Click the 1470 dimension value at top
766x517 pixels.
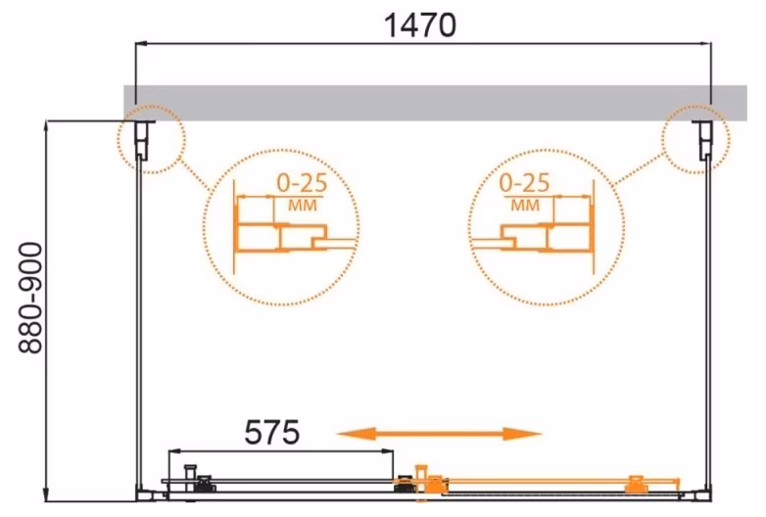tap(420, 24)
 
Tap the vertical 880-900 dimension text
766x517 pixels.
tap(30, 299)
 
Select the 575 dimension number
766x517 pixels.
tap(271, 432)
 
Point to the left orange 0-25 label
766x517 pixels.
tap(302, 183)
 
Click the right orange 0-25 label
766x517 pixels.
tap(524, 183)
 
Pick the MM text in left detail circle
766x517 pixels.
tap(303, 205)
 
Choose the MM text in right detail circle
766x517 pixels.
tap(525, 205)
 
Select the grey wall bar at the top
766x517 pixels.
tap(435, 103)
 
